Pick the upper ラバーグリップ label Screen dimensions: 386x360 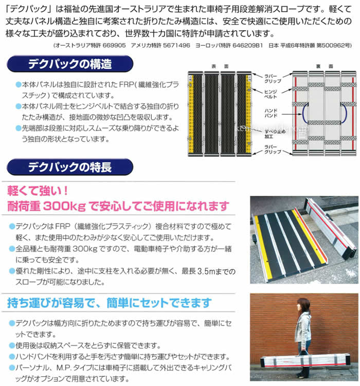point(273,76)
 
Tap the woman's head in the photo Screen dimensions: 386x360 point(303,304)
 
